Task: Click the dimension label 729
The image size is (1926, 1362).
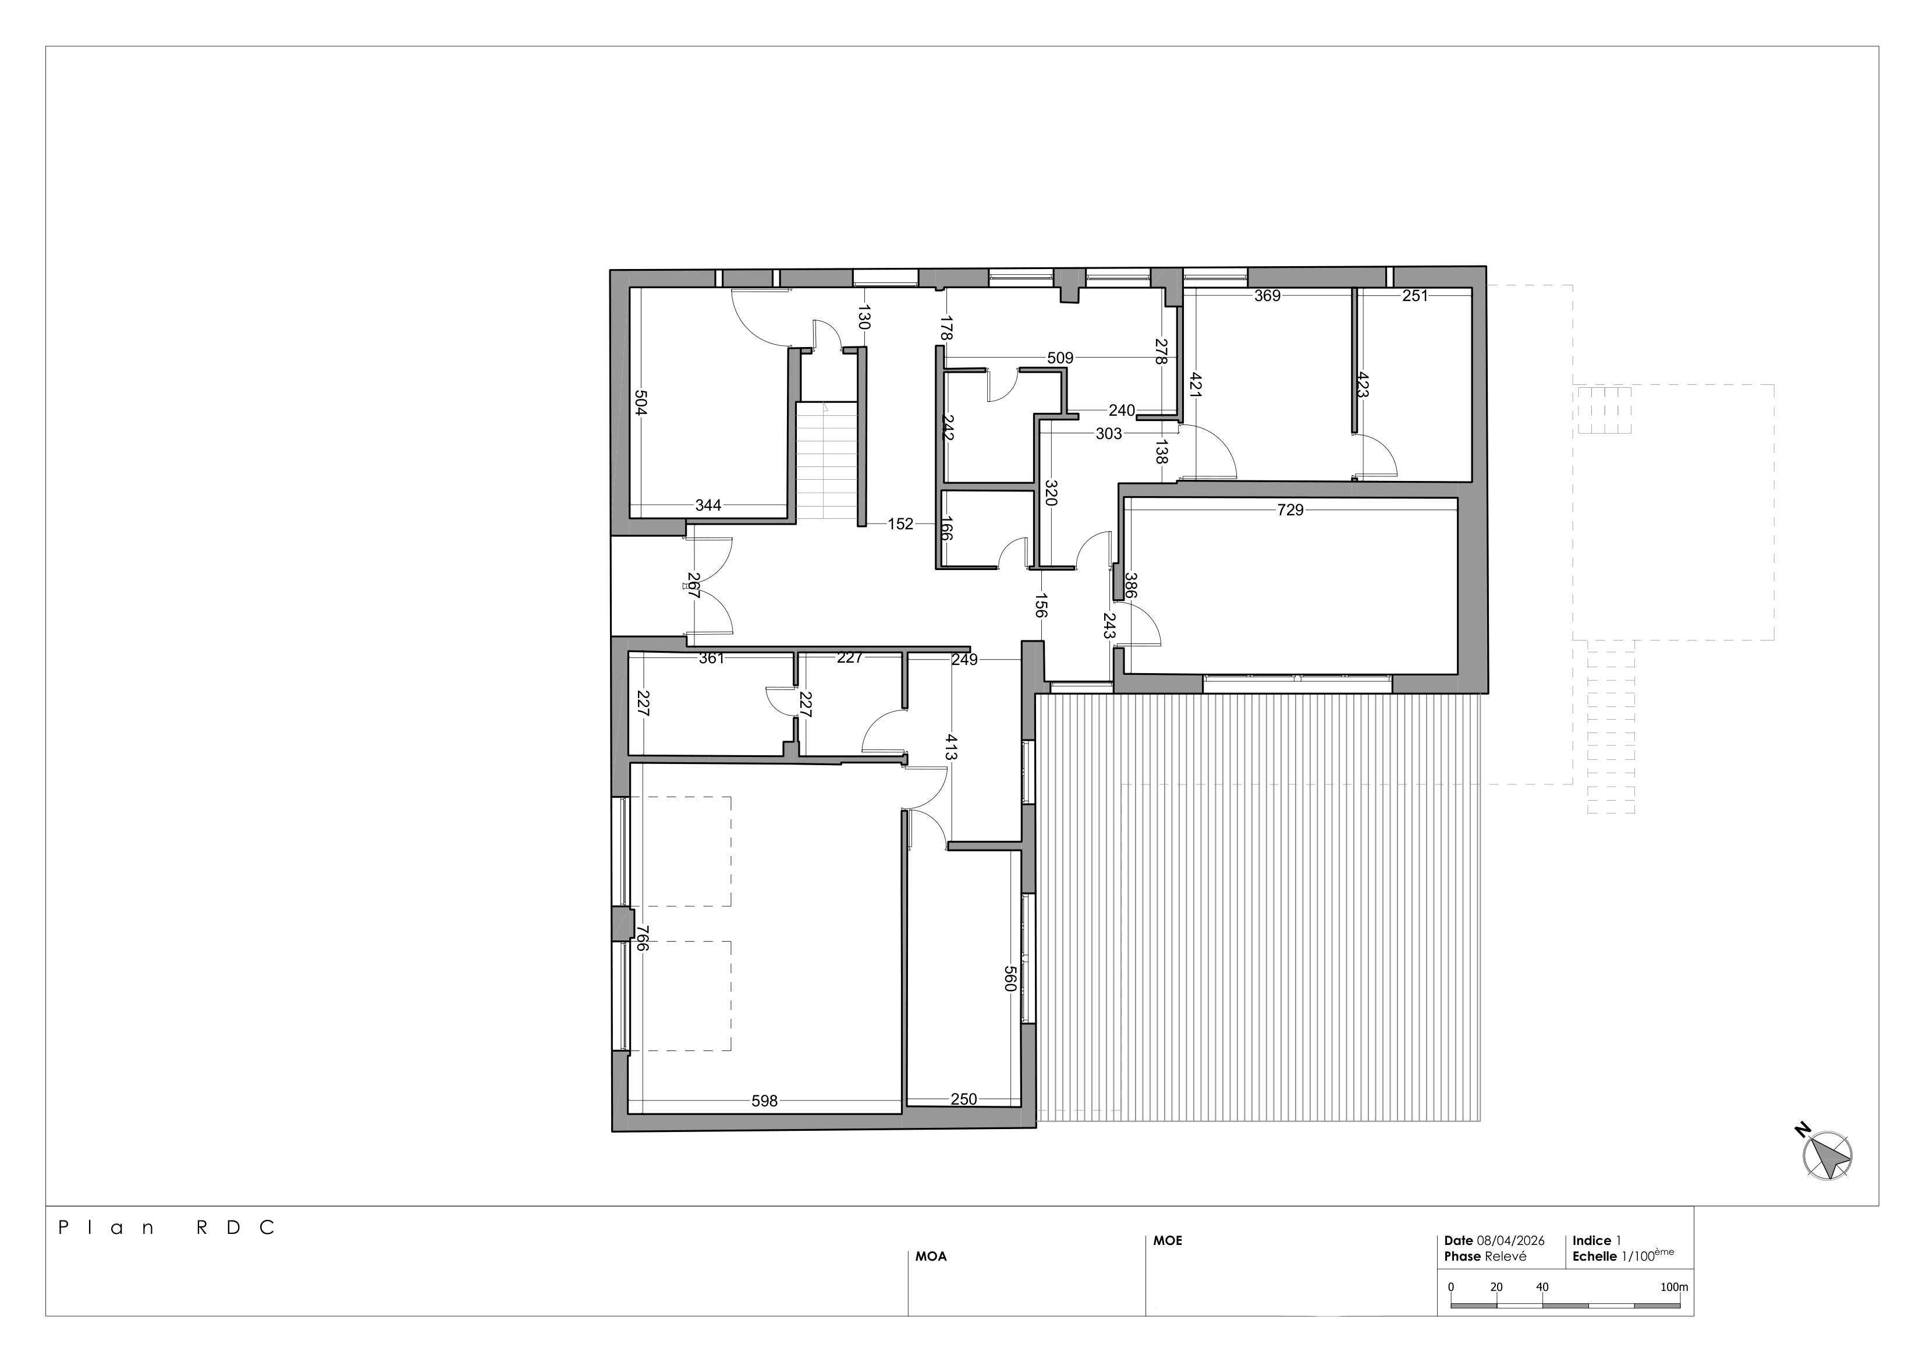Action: click(1290, 510)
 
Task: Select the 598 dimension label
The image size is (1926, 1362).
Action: click(764, 1101)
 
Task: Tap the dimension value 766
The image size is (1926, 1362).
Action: click(642, 938)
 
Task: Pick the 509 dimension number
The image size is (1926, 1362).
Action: click(1060, 358)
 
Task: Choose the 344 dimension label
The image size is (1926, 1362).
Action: click(708, 505)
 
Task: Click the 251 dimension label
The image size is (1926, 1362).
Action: click(1414, 295)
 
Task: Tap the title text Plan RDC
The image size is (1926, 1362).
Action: click(166, 1227)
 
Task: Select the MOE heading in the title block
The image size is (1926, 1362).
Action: click(1168, 1240)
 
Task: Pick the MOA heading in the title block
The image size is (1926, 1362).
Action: click(931, 1256)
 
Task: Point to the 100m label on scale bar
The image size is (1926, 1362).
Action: click(1675, 1286)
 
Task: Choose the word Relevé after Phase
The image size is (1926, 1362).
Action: click(1506, 1256)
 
